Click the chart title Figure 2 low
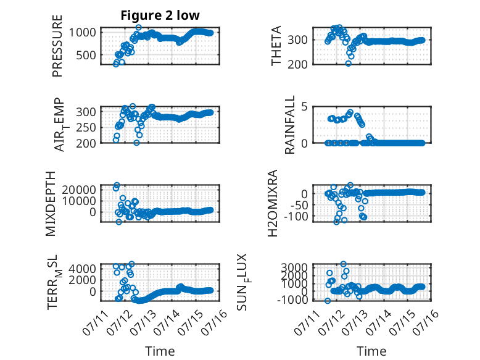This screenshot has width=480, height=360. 160,15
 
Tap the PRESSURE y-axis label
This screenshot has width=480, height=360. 57,46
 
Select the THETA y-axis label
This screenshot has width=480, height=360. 276,46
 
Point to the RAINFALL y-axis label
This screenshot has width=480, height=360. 289,125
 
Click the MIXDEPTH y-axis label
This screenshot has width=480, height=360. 51,204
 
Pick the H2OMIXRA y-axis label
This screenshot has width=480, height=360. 272,203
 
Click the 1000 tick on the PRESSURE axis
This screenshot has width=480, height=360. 82,32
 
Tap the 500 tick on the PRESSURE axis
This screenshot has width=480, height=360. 86,56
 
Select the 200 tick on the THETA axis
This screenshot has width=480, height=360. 297,64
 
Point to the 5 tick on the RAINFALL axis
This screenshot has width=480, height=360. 304,107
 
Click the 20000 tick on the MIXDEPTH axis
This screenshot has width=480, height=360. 80,190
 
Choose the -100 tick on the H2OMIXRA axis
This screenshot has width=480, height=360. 296,217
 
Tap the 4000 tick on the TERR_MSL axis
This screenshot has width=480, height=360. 82,269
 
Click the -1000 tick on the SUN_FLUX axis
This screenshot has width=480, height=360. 292,299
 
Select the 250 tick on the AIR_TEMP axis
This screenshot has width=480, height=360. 86,128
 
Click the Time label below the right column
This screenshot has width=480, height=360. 371,351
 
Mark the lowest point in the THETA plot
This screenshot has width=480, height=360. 349,64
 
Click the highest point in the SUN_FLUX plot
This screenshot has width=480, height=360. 344,264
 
